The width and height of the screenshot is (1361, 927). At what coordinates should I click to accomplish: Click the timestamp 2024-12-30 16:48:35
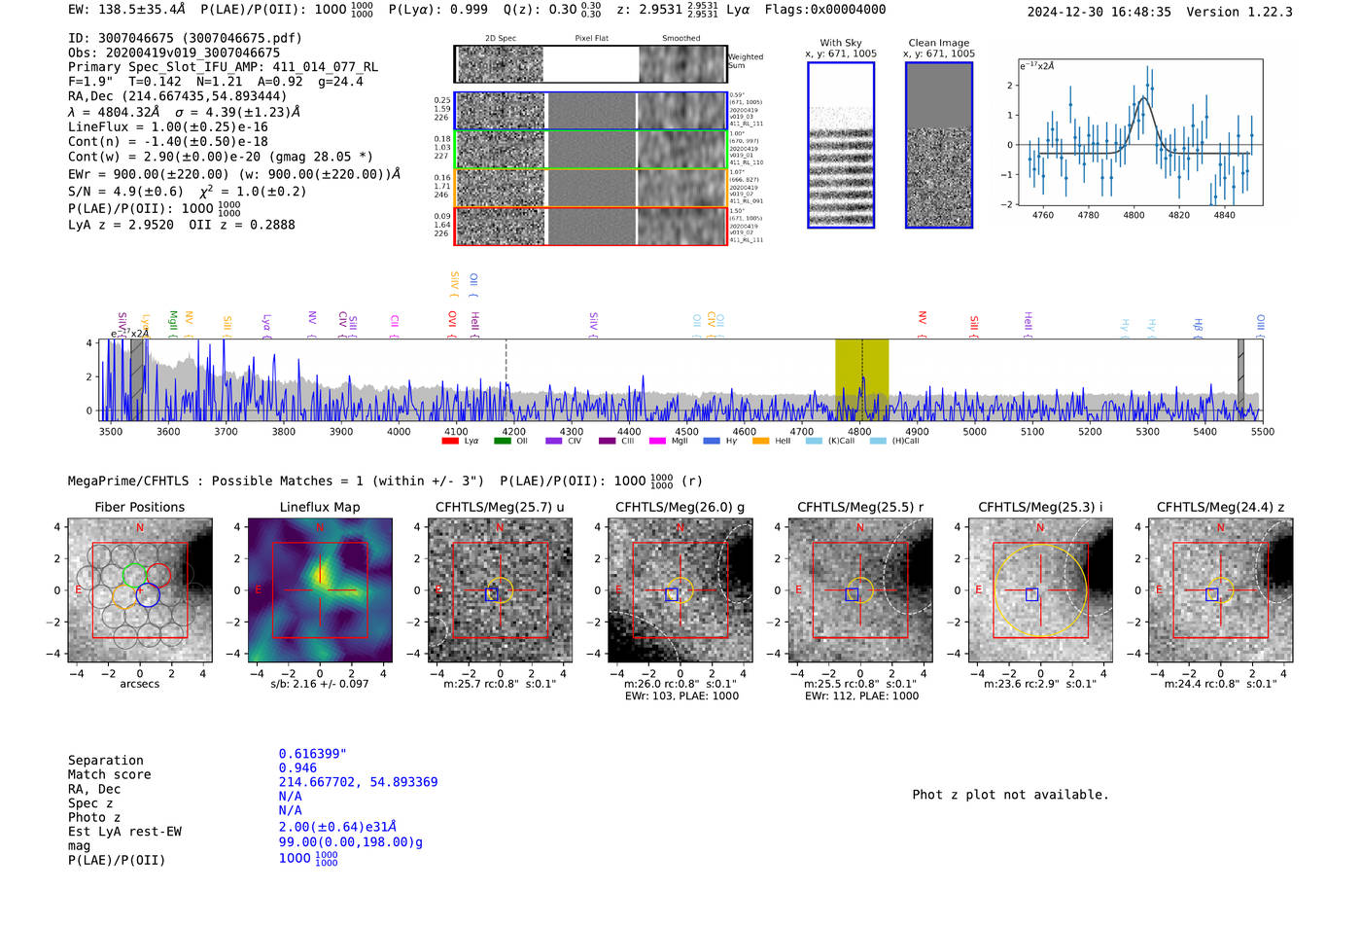coord(1099,12)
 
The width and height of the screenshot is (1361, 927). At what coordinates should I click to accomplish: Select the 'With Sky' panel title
coord(840,43)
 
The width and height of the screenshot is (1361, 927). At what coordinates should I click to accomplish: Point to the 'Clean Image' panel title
coord(938,43)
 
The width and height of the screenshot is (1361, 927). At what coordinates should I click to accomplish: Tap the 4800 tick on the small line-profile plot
coord(1134,215)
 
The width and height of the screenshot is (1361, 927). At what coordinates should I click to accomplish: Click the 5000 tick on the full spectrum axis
coord(974,432)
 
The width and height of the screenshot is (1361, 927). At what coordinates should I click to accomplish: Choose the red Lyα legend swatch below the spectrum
coord(450,442)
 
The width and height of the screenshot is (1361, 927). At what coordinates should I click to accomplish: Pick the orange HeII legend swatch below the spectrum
coord(760,442)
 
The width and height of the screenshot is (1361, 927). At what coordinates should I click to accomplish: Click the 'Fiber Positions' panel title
coord(139,507)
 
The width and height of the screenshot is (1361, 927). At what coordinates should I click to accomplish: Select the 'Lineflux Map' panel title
coord(319,507)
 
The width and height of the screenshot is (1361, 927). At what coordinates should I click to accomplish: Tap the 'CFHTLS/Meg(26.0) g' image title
coord(680,507)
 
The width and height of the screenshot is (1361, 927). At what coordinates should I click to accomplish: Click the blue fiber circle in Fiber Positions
coord(148,595)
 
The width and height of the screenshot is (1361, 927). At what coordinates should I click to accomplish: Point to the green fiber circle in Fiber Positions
coord(135,575)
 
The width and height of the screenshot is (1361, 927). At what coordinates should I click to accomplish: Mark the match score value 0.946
coord(297,768)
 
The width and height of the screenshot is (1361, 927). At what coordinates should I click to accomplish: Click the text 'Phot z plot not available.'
coord(1010,795)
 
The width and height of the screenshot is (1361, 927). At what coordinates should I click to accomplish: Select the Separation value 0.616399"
coord(312,754)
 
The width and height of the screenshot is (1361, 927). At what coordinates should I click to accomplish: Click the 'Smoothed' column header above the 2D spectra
coord(680,39)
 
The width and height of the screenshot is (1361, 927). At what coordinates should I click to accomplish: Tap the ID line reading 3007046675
coord(185,38)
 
